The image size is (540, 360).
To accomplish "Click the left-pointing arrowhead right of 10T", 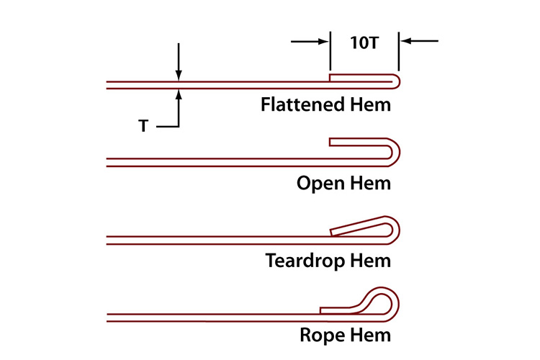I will (406, 42).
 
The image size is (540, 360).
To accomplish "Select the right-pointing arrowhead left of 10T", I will (324, 42).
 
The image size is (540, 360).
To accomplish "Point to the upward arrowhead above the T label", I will (178, 93).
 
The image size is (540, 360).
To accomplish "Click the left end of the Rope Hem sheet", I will (108, 315).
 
